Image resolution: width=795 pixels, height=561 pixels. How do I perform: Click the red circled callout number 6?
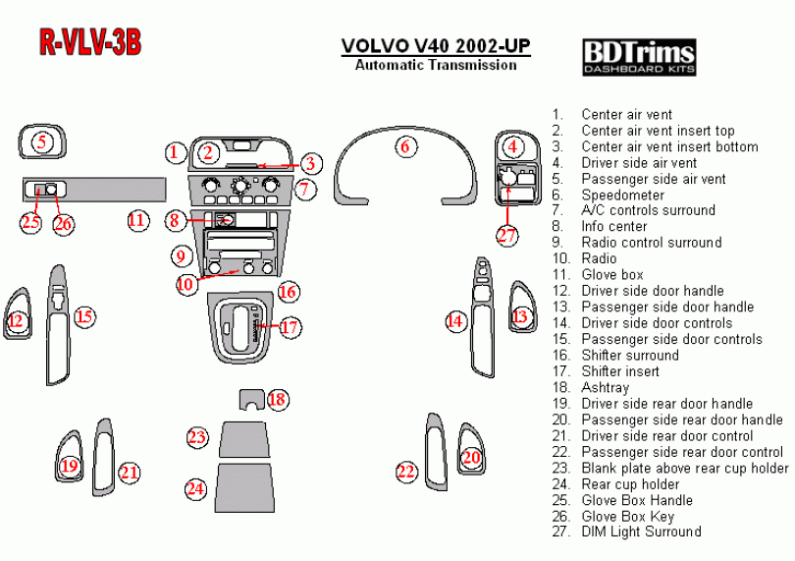click(x=403, y=147)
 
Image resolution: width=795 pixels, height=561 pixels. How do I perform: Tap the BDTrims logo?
click(x=639, y=56)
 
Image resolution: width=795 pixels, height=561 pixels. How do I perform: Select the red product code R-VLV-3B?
click(x=90, y=42)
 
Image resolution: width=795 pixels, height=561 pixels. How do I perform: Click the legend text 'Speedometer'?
click(x=622, y=195)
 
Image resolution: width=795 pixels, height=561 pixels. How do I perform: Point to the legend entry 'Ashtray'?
click(x=605, y=387)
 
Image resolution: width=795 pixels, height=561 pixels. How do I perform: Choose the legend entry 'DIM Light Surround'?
click(x=641, y=532)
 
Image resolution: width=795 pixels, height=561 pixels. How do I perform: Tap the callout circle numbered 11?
click(x=137, y=220)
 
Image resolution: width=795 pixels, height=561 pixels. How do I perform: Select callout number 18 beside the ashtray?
click(x=278, y=399)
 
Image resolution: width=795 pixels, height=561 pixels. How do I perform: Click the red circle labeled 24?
click(x=196, y=488)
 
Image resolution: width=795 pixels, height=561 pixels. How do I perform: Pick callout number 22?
click(x=406, y=473)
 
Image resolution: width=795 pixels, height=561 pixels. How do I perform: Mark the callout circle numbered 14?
click(x=454, y=320)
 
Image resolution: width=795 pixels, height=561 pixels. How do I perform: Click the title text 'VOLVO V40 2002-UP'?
click(x=436, y=46)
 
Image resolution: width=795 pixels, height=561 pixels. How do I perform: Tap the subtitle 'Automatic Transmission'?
click(x=436, y=65)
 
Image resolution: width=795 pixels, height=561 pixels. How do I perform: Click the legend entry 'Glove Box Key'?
click(x=628, y=516)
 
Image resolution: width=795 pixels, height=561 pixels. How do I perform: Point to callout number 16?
click(x=288, y=292)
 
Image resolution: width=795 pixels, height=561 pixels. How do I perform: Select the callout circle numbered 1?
click(x=174, y=152)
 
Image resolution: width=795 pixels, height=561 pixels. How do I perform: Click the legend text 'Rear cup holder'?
click(x=630, y=483)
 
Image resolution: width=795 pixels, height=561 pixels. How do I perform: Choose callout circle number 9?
click(x=180, y=256)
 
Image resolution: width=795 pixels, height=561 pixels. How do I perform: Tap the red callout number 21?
click(x=130, y=473)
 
